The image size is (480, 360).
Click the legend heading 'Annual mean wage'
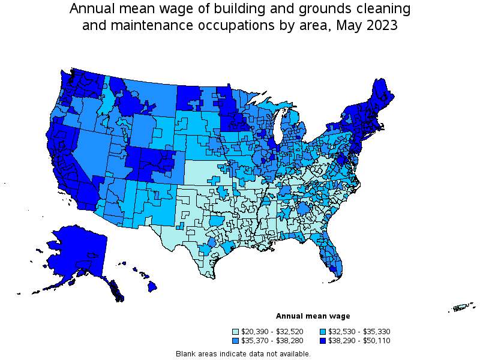(313, 316)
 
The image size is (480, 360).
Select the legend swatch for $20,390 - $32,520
(235, 332)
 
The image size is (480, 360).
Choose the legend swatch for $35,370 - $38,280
(235, 340)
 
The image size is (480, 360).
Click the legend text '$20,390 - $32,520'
(271, 332)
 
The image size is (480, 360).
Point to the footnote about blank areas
(243, 353)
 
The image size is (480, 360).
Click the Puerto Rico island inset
(461, 308)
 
